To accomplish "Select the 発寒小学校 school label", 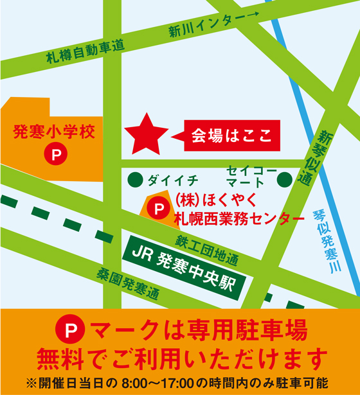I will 54,133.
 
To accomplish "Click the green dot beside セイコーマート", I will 287,179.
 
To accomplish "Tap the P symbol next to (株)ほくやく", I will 156,208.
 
